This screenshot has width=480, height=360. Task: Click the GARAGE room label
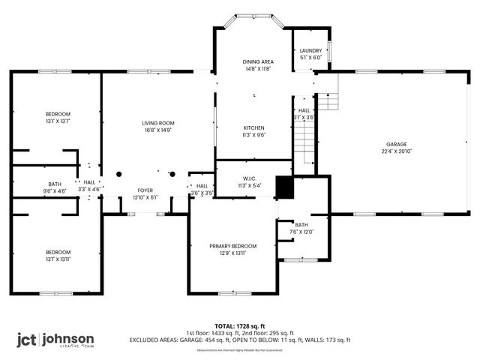(x=397, y=144)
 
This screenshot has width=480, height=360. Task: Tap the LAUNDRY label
(x=310, y=51)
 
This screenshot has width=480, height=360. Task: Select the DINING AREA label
(x=257, y=61)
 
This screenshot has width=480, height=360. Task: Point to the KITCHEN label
(x=253, y=127)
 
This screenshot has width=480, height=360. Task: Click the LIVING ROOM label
(x=158, y=123)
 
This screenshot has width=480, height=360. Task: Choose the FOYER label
(x=145, y=190)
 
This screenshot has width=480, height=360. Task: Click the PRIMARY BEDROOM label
(x=232, y=246)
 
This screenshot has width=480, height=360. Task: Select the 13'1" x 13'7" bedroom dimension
(x=57, y=121)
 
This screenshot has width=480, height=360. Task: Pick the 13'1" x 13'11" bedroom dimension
(x=57, y=259)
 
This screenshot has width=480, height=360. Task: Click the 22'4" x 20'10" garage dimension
(x=397, y=151)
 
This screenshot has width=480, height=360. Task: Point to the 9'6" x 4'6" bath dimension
(x=55, y=190)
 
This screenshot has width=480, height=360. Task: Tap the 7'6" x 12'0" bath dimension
(x=301, y=232)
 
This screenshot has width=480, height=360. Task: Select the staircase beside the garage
(x=303, y=139)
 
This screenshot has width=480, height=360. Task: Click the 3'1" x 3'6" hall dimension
(x=304, y=117)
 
